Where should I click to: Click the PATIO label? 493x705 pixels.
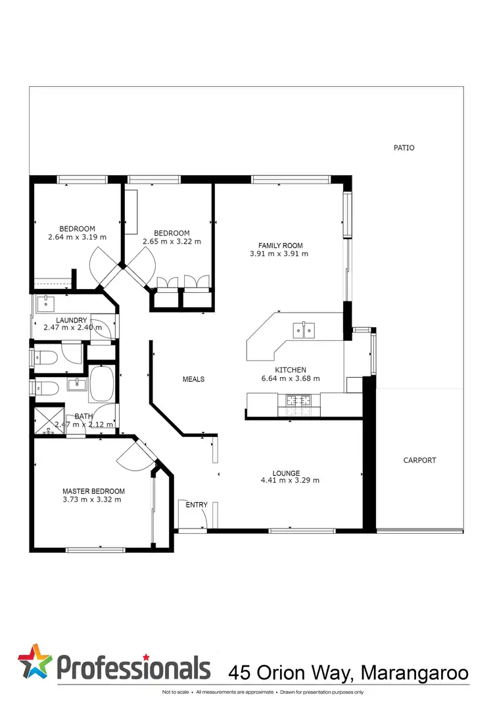(404, 148)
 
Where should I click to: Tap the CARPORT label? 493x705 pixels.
(419, 461)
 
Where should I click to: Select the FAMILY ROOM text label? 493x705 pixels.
(279, 246)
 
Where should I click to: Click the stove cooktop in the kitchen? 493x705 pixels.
(300, 400)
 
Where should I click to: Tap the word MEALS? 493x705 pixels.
(193, 379)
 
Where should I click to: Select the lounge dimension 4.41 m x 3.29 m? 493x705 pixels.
(290, 481)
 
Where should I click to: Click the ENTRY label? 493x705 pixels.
(197, 505)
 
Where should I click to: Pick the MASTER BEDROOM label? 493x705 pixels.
(93, 491)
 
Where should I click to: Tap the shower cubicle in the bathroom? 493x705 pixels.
(49, 419)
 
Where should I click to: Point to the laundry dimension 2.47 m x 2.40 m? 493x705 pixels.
(72, 327)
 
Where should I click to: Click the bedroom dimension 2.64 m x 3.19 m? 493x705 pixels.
(78, 237)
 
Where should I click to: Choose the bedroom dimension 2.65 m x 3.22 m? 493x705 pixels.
(172, 242)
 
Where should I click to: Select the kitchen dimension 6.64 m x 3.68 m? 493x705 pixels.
(291, 379)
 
